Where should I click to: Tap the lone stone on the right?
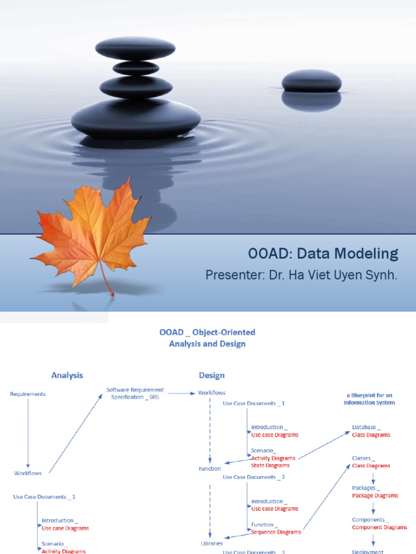tap(311, 81)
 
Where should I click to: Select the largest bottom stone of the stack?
tap(136, 118)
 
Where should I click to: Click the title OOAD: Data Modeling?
tap(323, 253)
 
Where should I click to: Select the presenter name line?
tap(301, 275)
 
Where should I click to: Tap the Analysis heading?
tap(67, 375)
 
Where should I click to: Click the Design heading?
tap(211, 375)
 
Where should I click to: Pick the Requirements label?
tap(28, 394)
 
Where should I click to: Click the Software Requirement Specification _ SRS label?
tap(135, 393)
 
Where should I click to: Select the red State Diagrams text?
tap(270, 465)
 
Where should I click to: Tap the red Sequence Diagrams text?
tap(276, 532)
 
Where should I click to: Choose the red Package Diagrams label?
tap(375, 496)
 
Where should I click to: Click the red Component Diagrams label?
tap(379, 527)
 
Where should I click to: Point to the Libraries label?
tap(212, 543)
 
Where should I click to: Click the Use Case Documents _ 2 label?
tap(253, 477)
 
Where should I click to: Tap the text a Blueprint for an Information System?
tap(369, 399)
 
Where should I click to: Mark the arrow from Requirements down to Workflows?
tap(28, 433)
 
